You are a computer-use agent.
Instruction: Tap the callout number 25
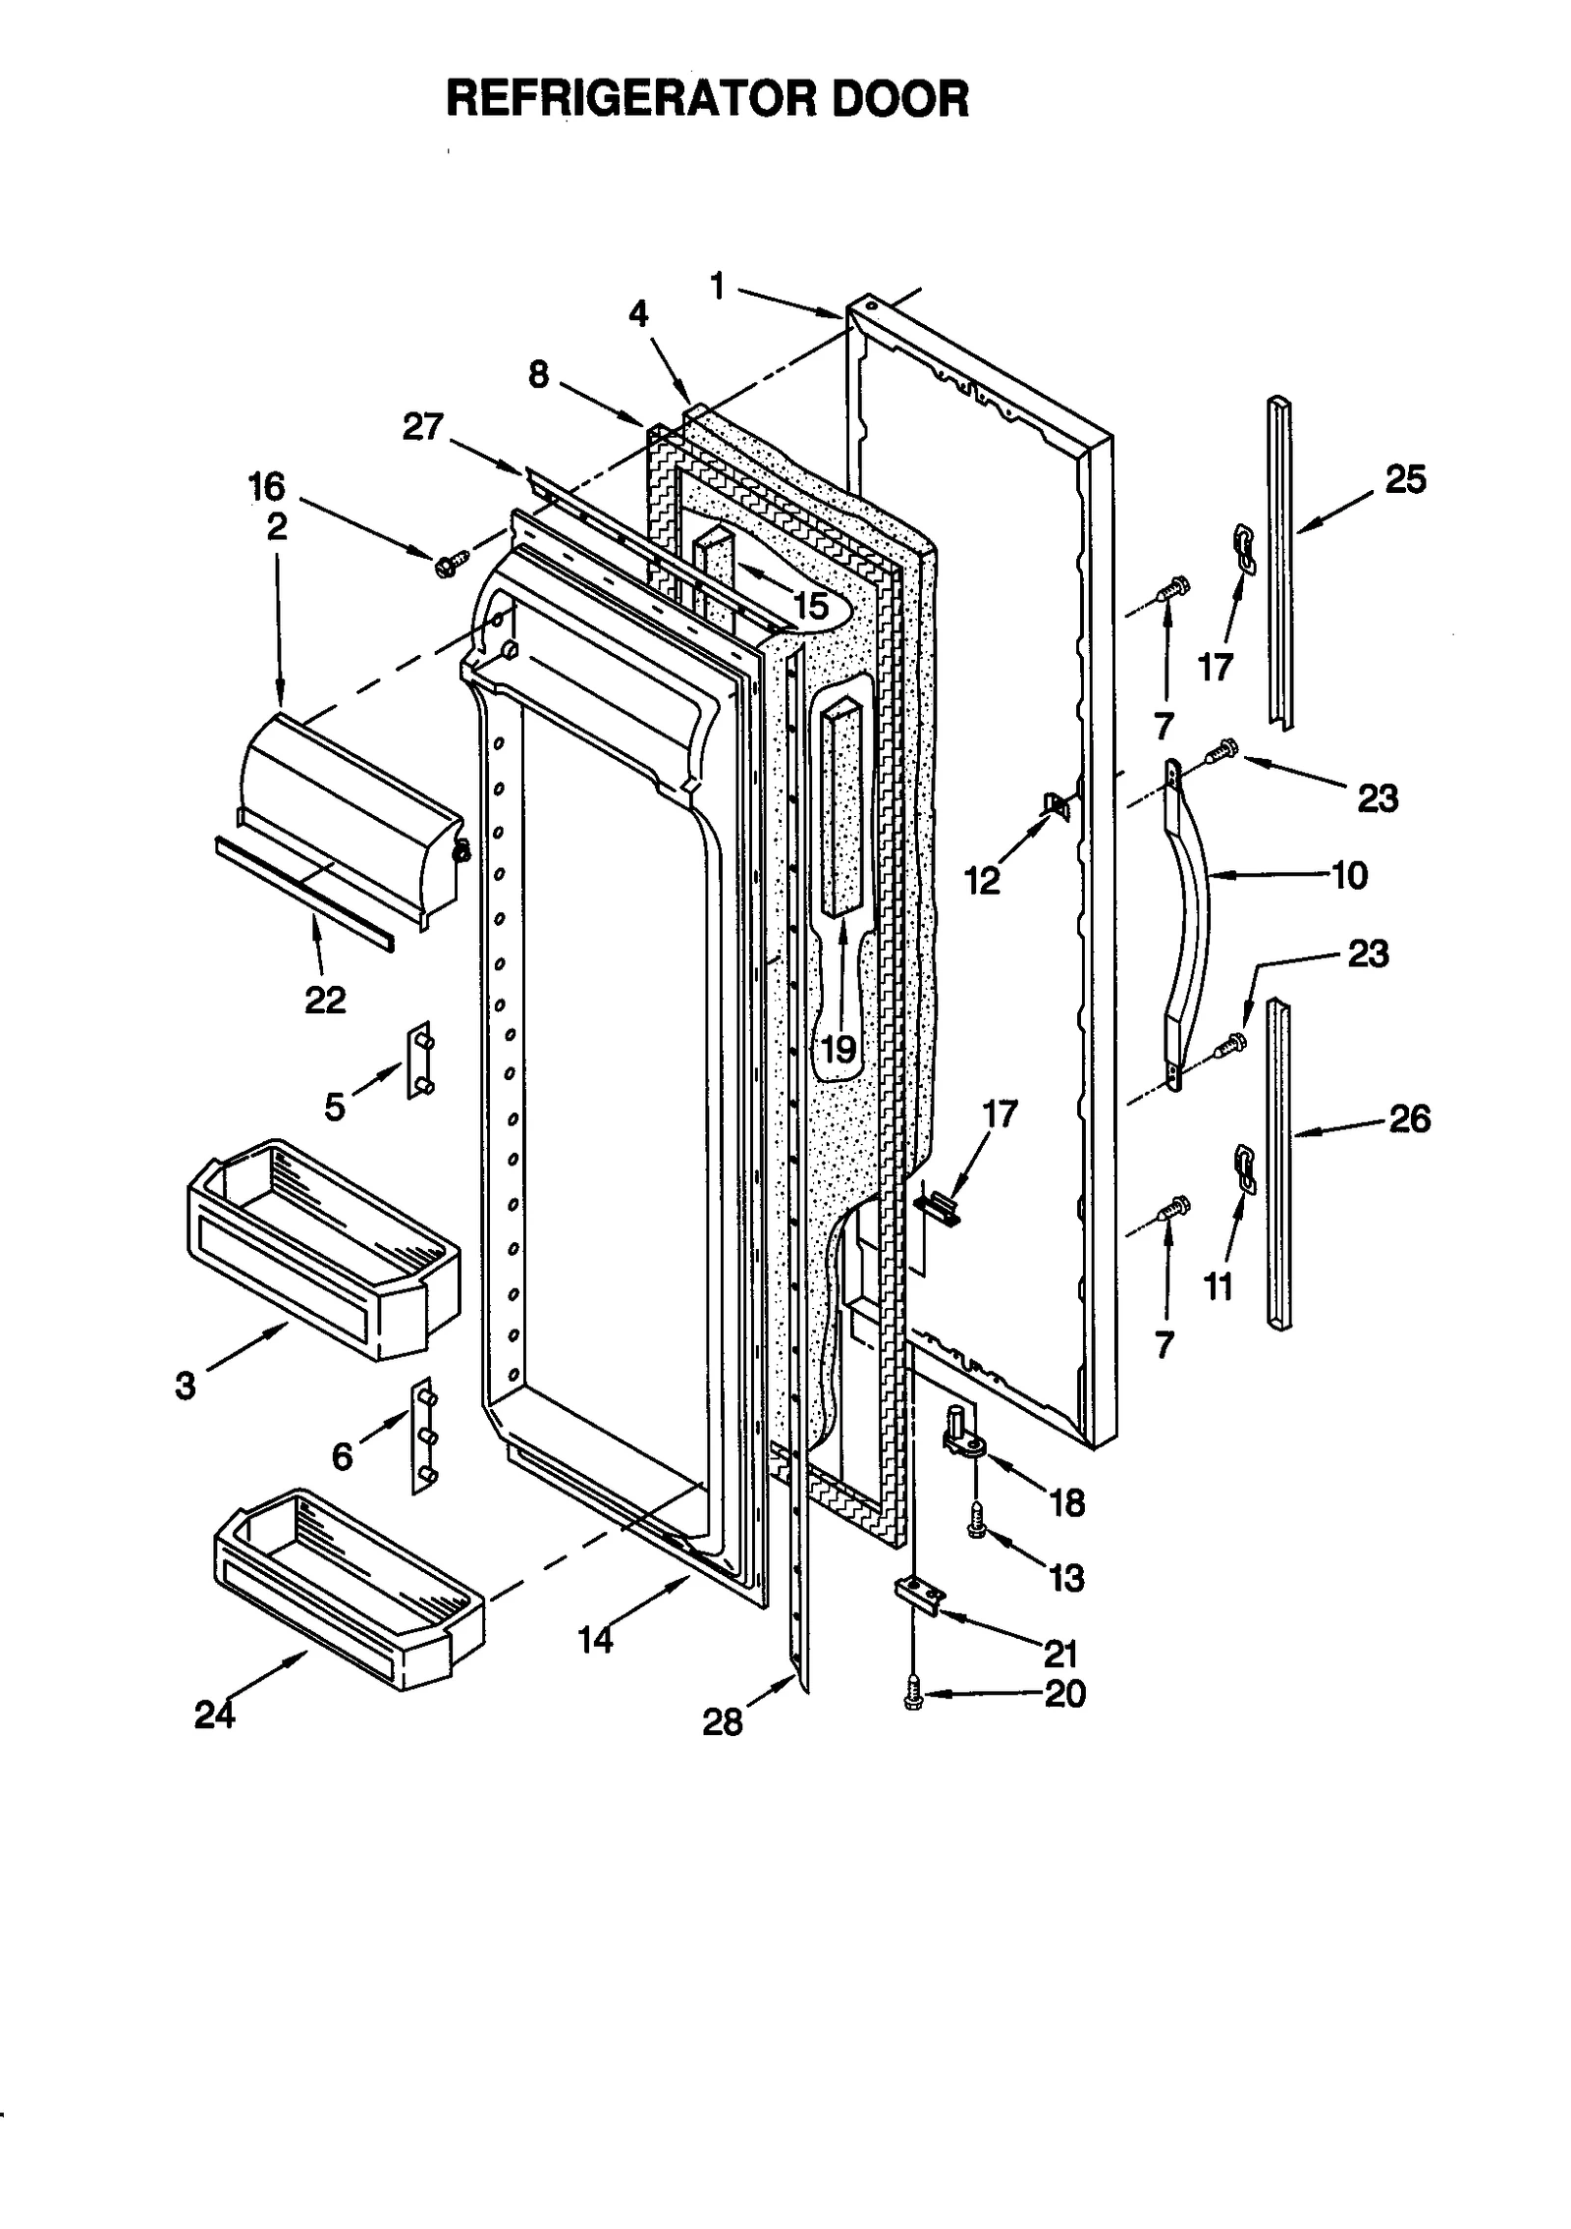(1404, 480)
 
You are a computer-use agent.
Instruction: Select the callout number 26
(1409, 1118)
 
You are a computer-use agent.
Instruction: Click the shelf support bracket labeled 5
(421, 1060)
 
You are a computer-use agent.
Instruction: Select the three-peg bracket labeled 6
(423, 1436)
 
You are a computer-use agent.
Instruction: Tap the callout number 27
(422, 427)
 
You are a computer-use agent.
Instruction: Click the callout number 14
(595, 1639)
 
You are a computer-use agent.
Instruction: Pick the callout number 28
(723, 1721)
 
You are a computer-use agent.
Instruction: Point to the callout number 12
(982, 881)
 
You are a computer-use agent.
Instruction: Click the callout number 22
(325, 1000)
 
